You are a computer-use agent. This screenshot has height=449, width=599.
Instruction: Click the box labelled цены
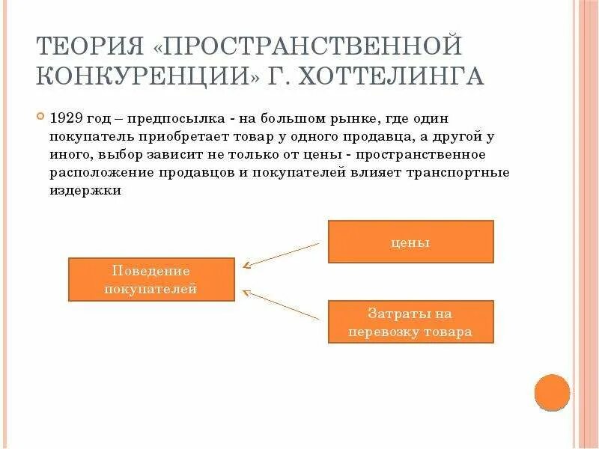(410, 242)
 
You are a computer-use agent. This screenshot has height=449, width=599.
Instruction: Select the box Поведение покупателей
(150, 279)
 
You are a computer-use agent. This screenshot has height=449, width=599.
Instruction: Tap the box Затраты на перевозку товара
(410, 322)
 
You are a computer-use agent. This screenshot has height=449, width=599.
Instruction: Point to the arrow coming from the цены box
(281, 254)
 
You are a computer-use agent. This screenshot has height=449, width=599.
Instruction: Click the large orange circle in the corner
(553, 391)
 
